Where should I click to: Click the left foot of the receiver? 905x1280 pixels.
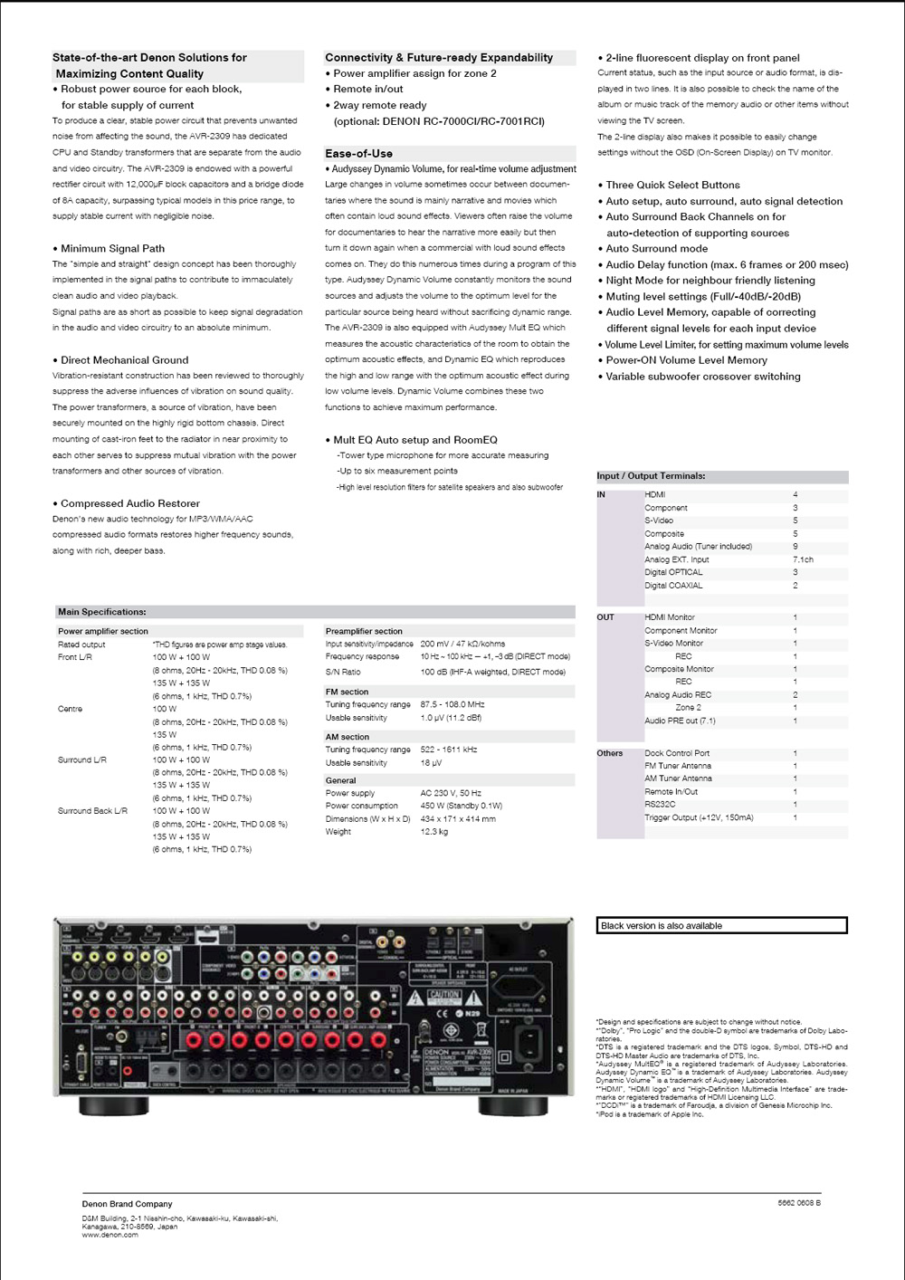click(114, 1106)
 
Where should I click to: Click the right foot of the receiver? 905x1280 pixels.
click(512, 1106)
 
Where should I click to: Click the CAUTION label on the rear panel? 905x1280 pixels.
click(444, 995)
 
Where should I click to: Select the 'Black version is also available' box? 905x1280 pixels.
click(722, 925)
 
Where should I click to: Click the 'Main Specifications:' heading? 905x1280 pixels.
click(101, 612)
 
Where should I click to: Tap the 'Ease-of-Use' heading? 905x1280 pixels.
click(358, 154)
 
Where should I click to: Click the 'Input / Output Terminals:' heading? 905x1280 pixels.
click(651, 476)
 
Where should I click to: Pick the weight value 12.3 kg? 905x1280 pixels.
click(434, 832)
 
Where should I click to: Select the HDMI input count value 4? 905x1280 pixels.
click(795, 495)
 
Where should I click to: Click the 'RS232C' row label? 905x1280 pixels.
click(660, 805)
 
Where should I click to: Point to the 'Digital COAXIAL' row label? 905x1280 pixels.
click(673, 586)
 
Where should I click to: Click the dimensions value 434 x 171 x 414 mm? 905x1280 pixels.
click(458, 819)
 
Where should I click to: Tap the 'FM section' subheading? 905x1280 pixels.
click(347, 692)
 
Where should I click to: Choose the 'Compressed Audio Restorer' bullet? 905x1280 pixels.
click(130, 503)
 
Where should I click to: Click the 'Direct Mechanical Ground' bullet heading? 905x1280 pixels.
click(125, 360)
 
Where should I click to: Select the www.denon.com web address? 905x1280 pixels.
click(110, 1235)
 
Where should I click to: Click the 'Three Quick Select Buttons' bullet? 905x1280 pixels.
click(672, 185)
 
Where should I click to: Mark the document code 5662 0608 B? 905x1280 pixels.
click(799, 1203)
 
